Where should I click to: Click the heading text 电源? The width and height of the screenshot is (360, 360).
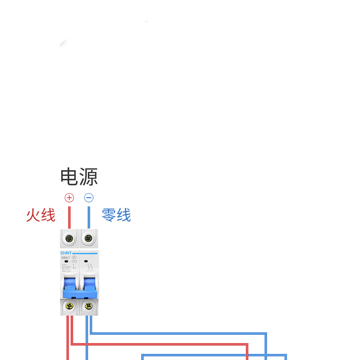(79, 177)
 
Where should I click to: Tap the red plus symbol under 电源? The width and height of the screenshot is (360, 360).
(69, 198)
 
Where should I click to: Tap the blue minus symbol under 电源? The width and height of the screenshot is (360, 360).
(89, 198)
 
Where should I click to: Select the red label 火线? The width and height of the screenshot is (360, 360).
(40, 215)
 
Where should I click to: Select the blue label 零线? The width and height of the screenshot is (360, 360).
(116, 215)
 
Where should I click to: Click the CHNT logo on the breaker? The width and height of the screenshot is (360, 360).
(66, 252)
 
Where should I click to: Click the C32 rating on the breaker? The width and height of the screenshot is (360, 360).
(74, 261)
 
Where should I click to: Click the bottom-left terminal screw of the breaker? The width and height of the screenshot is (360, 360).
(69, 306)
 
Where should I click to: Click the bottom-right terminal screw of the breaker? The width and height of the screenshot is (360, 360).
(89, 306)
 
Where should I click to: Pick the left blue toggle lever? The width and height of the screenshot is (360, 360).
(69, 285)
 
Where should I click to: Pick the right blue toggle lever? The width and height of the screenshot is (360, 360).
(89, 285)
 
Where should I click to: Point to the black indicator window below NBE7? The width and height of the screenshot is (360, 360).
(66, 261)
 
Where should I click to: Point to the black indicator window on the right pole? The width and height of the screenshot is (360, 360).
(85, 261)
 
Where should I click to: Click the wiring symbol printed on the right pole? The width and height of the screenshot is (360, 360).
(90, 267)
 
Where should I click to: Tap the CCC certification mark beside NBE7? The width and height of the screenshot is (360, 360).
(74, 257)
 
